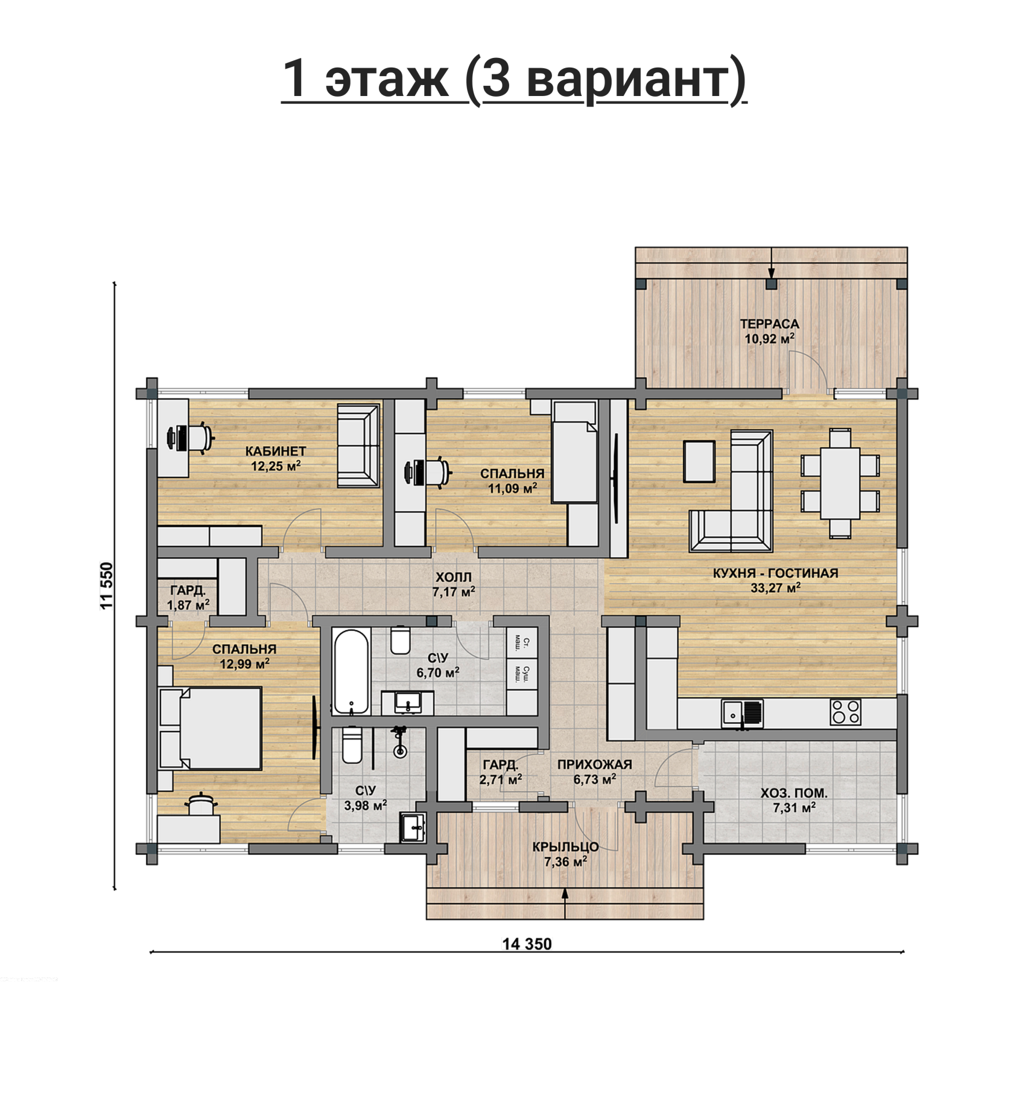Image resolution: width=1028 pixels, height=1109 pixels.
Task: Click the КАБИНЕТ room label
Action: tap(276, 451)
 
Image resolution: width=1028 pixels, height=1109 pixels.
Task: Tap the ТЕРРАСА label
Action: tap(769, 324)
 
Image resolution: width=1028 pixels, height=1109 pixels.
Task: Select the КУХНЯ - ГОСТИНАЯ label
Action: tap(775, 573)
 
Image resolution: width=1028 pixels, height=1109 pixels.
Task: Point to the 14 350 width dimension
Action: tap(527, 944)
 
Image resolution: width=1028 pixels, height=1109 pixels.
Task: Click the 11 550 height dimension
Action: tap(107, 586)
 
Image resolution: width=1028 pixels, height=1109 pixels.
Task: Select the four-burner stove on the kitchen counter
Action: tap(845, 712)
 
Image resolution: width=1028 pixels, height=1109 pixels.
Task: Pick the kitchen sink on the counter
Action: tap(742, 712)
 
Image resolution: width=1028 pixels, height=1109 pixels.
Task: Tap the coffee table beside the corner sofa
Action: tap(699, 461)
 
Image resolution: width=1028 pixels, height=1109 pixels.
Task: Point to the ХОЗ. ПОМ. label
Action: tap(794, 793)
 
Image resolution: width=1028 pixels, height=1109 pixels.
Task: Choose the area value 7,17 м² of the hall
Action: tap(454, 592)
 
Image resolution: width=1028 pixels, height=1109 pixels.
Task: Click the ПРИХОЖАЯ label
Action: tap(594, 764)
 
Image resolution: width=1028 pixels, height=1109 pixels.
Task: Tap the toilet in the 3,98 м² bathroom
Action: tap(351, 745)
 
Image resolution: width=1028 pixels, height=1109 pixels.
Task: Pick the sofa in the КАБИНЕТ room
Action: tap(358, 446)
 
